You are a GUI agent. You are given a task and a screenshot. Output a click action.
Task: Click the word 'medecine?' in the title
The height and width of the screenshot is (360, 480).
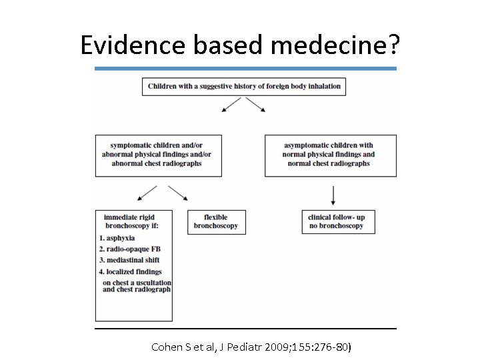pos(335,45)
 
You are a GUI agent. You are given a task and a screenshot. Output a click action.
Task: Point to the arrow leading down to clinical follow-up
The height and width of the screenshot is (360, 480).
pos(333,195)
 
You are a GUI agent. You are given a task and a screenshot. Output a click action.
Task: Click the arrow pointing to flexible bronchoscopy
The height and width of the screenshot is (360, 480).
pos(178,193)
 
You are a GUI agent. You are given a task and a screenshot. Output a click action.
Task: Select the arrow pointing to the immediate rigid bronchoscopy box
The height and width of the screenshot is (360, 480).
pos(147,193)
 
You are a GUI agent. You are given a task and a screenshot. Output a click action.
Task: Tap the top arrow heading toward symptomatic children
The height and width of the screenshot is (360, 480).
pos(231,105)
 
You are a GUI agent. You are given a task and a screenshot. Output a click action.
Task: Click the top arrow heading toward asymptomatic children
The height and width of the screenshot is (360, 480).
pos(255,105)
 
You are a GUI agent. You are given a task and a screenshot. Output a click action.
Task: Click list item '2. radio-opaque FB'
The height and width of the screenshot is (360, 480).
pos(130,249)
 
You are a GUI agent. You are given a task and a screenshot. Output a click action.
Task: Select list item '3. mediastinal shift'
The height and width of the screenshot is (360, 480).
pos(129,260)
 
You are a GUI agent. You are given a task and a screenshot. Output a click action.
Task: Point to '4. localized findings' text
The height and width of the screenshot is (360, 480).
pos(131,271)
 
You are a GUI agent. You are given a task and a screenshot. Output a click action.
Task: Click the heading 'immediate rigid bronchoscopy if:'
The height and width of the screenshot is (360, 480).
pos(131,221)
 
